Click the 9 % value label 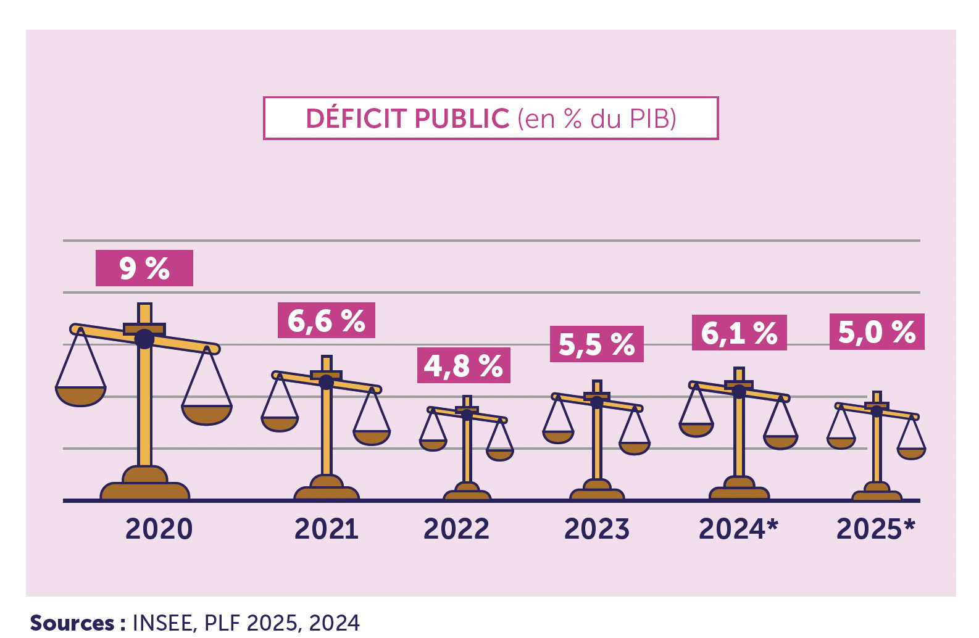tap(144, 268)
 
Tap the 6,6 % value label tap(326, 320)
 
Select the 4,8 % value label tap(463, 365)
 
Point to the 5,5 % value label tap(596, 344)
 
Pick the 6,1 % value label tap(739, 333)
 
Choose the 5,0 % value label tap(877, 332)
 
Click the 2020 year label tap(159, 529)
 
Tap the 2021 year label tap(326, 529)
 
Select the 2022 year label tap(456, 529)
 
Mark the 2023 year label tap(596, 529)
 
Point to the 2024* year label tap(738, 529)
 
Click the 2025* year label tap(875, 529)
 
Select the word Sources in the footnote tap(72, 623)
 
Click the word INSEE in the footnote tap(164, 623)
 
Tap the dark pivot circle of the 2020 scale tap(144, 339)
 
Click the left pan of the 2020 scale tap(81, 396)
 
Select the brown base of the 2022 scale tap(467, 493)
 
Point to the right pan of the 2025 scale tap(911, 453)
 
